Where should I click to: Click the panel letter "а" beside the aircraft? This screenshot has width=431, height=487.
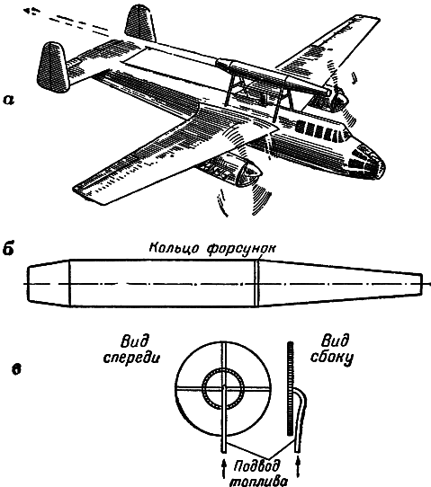click(8, 100)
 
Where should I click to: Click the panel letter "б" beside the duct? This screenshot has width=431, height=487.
click(8, 249)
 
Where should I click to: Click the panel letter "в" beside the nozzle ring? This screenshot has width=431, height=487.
click(16, 369)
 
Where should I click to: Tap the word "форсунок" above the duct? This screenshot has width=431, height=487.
click(242, 249)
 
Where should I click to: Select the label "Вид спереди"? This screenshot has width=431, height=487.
click(131, 349)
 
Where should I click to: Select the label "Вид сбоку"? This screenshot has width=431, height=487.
click(331, 350)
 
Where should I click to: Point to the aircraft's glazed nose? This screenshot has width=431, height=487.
click(367, 162)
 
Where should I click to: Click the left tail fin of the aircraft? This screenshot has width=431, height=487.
click(53, 66)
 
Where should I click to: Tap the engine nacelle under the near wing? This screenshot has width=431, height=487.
click(231, 171)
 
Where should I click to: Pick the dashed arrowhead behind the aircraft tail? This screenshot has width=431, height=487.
click(31, 11)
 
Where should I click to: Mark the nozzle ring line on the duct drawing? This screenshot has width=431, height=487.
click(256, 283)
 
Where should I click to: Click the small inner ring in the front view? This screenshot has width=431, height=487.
click(222, 388)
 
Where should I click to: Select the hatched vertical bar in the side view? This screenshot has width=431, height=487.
click(290, 388)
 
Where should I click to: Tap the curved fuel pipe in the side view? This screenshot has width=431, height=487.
click(301, 420)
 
